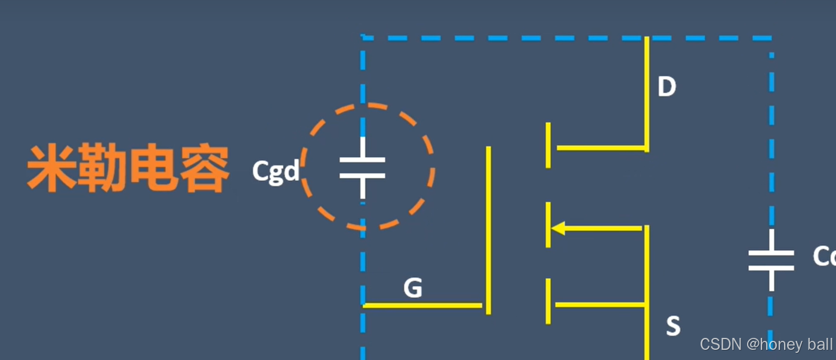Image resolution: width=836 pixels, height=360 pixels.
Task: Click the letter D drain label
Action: [667, 87]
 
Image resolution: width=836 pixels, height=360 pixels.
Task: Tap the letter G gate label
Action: [412, 288]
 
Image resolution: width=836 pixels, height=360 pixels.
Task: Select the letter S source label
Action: [673, 326]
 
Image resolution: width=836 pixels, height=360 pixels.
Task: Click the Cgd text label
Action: [275, 171]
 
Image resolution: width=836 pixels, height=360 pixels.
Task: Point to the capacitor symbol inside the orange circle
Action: [363, 168]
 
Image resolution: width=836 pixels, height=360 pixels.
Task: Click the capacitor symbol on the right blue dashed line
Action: [771, 260]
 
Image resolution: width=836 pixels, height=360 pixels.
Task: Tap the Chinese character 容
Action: [204, 169]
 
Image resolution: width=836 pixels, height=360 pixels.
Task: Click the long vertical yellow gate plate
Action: [488, 230]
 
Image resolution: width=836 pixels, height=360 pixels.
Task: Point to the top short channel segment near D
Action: [548, 145]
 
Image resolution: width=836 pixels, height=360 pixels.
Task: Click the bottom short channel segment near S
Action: [548, 301]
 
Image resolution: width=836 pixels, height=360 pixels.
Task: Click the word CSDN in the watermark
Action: [721, 344]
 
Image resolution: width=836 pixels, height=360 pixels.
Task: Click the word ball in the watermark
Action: [822, 344]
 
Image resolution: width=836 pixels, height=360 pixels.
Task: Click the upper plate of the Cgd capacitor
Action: [363, 160]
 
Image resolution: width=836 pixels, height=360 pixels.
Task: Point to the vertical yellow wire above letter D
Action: [647, 60]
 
